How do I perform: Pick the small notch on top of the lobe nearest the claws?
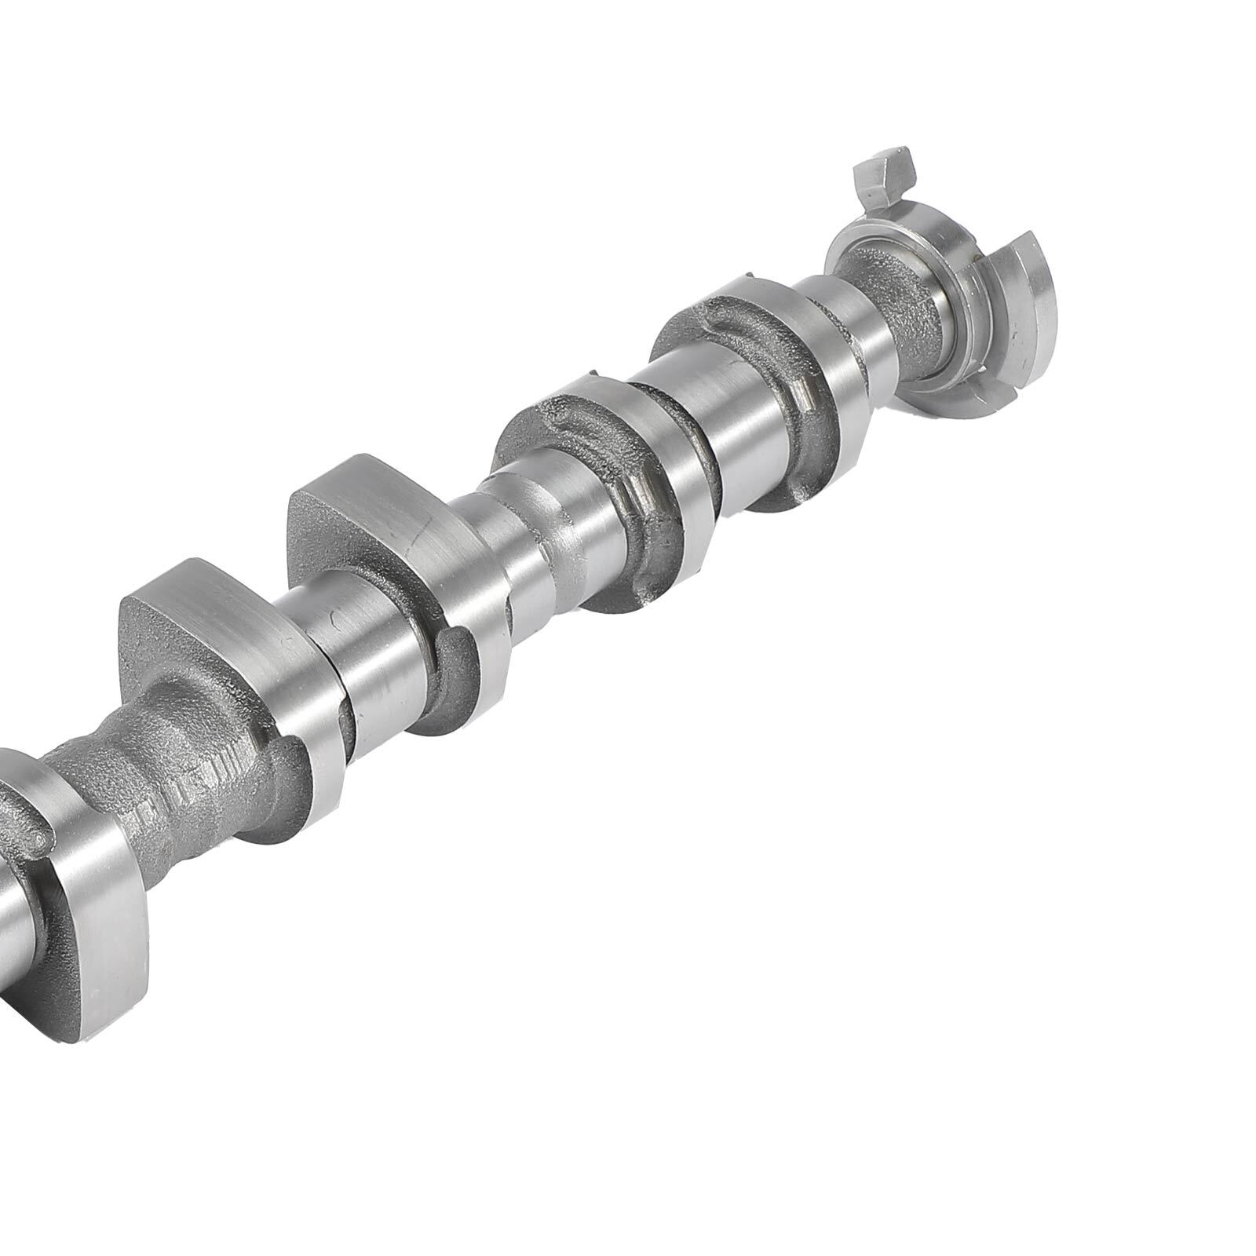tap(750, 276)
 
